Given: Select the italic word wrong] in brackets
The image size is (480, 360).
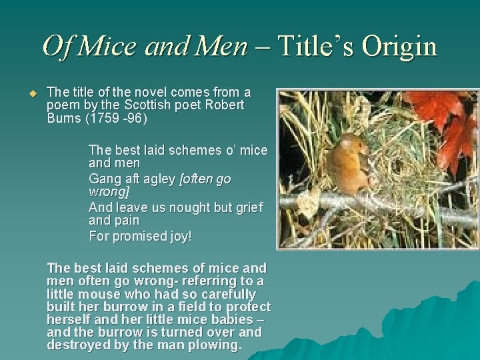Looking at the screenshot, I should pos(109,192).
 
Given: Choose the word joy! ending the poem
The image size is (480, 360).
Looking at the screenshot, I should pos(175,236).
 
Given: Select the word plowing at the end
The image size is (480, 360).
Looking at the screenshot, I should pos(215,345).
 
